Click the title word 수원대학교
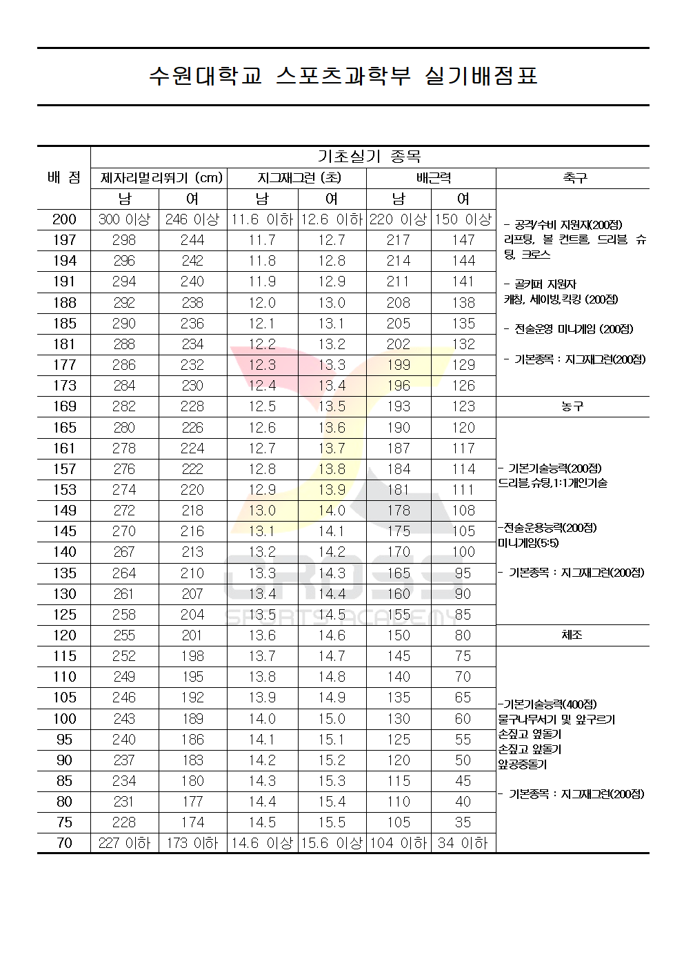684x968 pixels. (x=205, y=76)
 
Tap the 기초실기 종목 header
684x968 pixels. (x=370, y=157)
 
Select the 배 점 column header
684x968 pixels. (x=64, y=178)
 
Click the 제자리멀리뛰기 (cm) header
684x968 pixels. (x=161, y=178)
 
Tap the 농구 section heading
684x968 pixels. (x=572, y=406)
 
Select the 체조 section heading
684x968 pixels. (x=572, y=635)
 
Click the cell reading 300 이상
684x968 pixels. (x=124, y=219)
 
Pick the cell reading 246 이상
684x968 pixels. (x=192, y=219)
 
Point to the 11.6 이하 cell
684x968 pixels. (x=262, y=219)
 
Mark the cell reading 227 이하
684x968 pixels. (x=124, y=843)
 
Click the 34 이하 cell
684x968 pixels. (x=463, y=843)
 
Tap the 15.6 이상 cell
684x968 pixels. (x=332, y=843)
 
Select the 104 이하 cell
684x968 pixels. (x=399, y=843)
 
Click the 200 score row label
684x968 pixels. (x=64, y=219)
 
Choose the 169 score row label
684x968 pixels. (x=64, y=406)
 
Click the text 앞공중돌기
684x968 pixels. (x=523, y=764)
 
